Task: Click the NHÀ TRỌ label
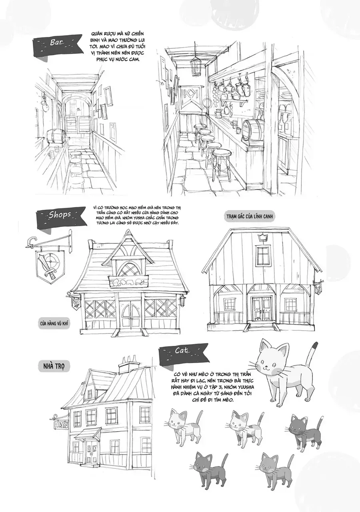54,366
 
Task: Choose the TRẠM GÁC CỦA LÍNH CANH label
249,216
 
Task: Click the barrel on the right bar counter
251,129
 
